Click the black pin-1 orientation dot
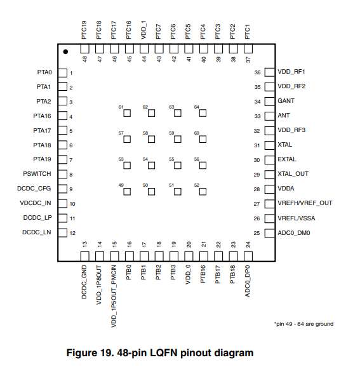(x=65, y=52)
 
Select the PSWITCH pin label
(x=37, y=174)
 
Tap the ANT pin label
(x=284, y=116)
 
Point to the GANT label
(x=286, y=101)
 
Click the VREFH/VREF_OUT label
(x=305, y=203)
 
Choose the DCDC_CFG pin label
(x=34, y=189)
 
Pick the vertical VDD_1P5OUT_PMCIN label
(x=114, y=296)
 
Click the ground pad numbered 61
(x=127, y=113)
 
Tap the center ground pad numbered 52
(x=203, y=192)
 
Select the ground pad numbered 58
(x=152, y=139)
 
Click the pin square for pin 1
(x=62, y=73)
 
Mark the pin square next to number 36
(x=270, y=72)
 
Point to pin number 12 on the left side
(x=72, y=233)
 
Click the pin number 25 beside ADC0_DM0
(x=257, y=233)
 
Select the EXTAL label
(x=287, y=159)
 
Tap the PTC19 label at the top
(x=84, y=30)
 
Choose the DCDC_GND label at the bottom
(x=84, y=282)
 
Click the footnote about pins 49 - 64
(x=304, y=324)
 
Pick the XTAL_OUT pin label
(x=293, y=174)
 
